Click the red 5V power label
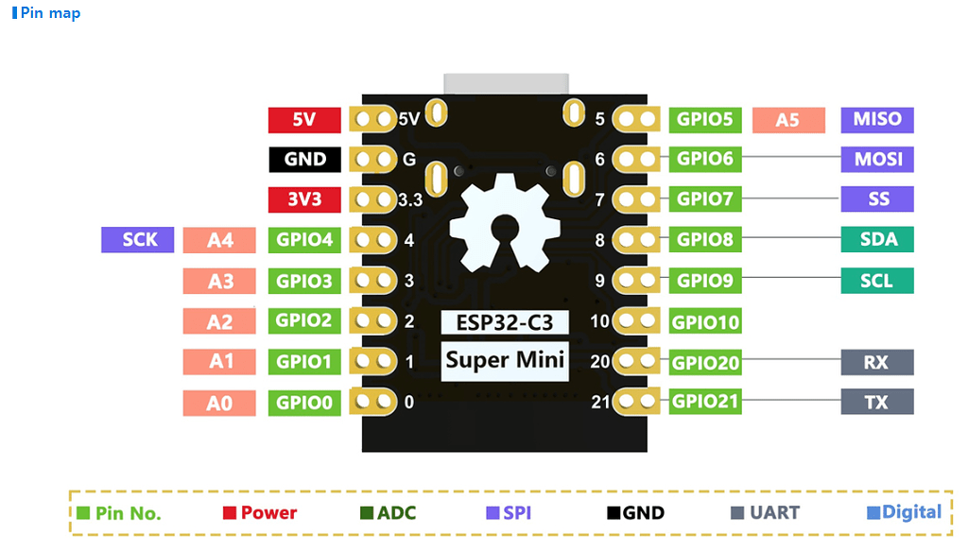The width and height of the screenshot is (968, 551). [304, 120]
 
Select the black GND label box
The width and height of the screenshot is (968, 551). [304, 160]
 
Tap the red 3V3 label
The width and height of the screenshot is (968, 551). [304, 200]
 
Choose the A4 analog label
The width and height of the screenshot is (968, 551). [219, 240]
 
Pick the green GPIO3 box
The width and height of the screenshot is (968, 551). [304, 281]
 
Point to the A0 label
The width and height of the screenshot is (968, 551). [219, 404]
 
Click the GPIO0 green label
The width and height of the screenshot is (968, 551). [304, 403]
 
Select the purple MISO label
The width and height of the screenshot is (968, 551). [877, 119]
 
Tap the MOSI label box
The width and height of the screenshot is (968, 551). [877, 160]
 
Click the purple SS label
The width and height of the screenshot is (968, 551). [877, 199]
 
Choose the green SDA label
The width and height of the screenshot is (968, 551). [877, 240]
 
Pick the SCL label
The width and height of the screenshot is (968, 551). [877, 281]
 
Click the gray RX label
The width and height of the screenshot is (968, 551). [877, 363]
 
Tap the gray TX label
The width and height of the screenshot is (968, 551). [877, 403]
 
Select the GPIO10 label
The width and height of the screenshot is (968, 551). [705, 322]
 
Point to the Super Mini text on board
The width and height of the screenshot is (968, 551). [505, 360]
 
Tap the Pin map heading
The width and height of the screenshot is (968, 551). [47, 13]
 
